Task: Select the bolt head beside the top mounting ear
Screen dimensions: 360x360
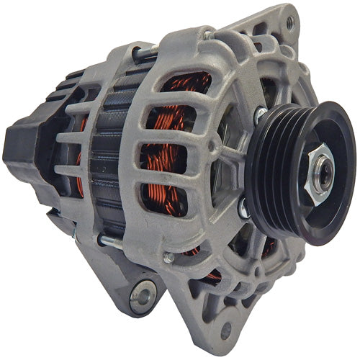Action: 208,34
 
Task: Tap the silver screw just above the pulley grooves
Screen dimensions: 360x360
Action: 259,114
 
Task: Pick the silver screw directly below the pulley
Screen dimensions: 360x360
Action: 245,212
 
